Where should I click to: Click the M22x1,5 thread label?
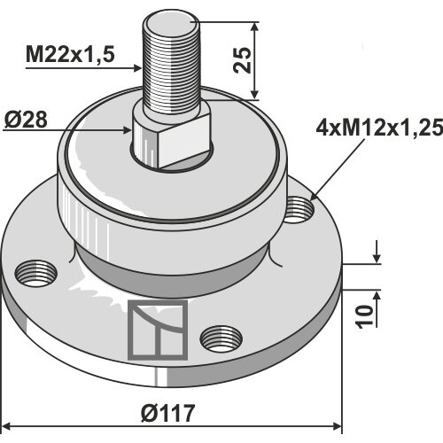tap(70, 54)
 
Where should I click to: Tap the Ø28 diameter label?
tap(26, 120)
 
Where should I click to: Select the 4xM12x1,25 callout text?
tap(379, 128)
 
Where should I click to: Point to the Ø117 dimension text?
tap(167, 413)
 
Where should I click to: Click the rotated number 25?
tap(242, 60)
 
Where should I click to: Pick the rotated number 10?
tap(364, 317)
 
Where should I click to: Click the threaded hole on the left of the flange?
tap(35, 273)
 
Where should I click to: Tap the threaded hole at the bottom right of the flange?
tap(221, 339)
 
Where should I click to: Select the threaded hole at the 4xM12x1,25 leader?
tap(299, 210)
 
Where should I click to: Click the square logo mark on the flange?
tap(158, 330)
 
